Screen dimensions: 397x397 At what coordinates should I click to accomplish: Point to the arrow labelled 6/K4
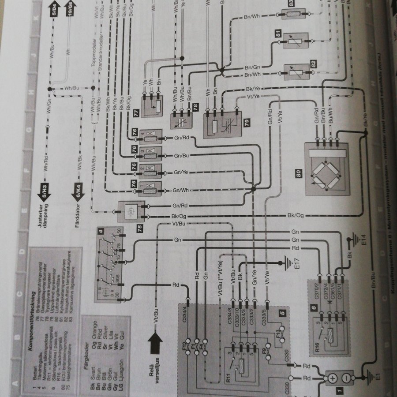[76, 190]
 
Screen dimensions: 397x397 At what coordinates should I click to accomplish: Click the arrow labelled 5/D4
[53, 9]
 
